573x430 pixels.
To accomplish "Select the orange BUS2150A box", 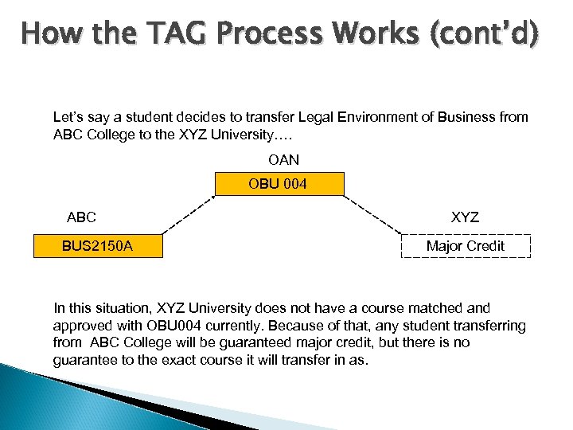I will [x=97, y=246].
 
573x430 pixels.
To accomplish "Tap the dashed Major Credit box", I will [x=466, y=246].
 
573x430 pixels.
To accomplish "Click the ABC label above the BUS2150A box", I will [x=81, y=217].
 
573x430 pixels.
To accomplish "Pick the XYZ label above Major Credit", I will [x=465, y=217].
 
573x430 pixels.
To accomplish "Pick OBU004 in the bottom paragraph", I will [x=168, y=325].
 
